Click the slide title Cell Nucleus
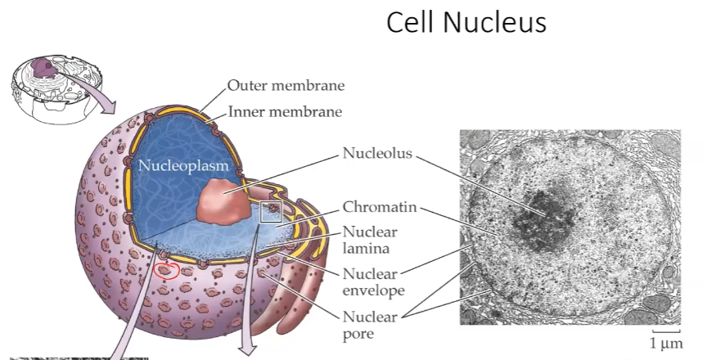pyautogui.click(x=466, y=23)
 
